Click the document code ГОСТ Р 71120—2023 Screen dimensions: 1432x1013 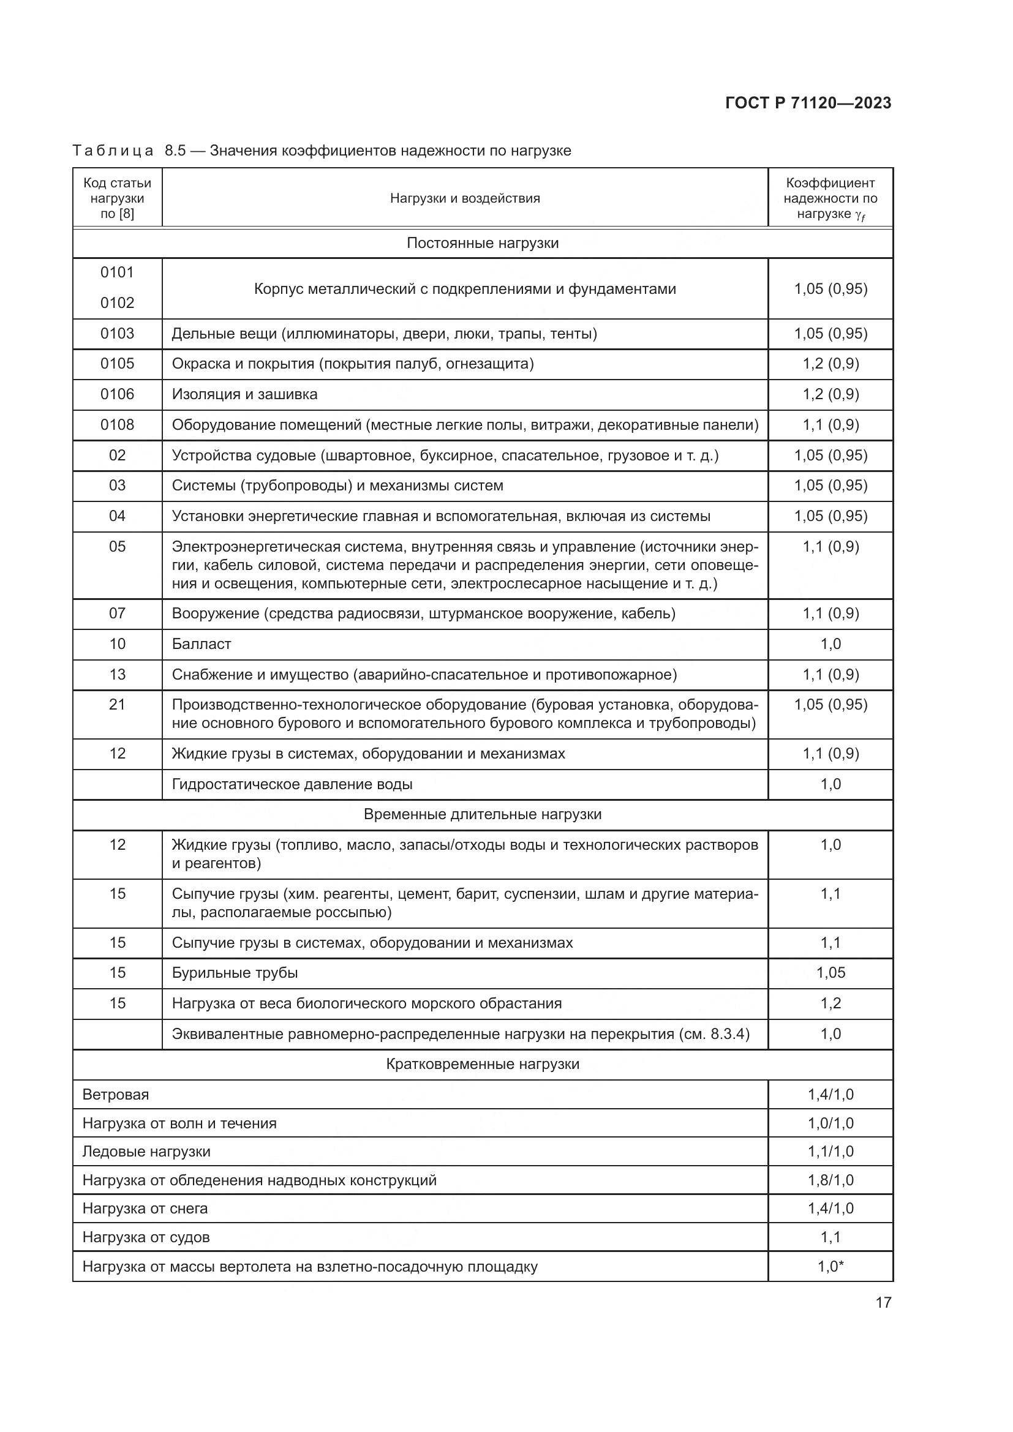click(x=808, y=103)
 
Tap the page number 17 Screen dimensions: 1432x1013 click(x=883, y=1302)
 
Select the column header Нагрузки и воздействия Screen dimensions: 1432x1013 click(x=465, y=198)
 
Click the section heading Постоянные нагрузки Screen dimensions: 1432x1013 click(x=482, y=243)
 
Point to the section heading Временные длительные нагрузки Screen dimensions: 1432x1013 click(x=482, y=814)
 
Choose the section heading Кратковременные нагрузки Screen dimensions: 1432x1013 click(x=482, y=1064)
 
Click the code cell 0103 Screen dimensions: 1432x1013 click(x=117, y=334)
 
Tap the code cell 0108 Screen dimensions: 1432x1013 click(x=117, y=425)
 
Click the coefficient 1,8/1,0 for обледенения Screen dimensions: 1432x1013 click(x=830, y=1180)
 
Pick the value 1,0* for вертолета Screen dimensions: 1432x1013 click(x=830, y=1267)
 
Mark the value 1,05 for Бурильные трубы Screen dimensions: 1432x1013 click(x=830, y=973)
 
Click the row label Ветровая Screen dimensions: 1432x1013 click(x=116, y=1095)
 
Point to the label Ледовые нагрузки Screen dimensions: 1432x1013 click(x=146, y=1152)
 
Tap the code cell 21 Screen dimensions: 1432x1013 click(x=117, y=705)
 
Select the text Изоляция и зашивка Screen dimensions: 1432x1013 click(x=244, y=394)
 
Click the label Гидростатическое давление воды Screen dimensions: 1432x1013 click(x=292, y=784)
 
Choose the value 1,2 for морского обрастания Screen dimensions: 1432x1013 click(x=830, y=1003)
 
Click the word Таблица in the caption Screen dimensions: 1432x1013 click(x=113, y=151)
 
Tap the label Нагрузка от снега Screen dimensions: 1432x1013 click(x=145, y=1209)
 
